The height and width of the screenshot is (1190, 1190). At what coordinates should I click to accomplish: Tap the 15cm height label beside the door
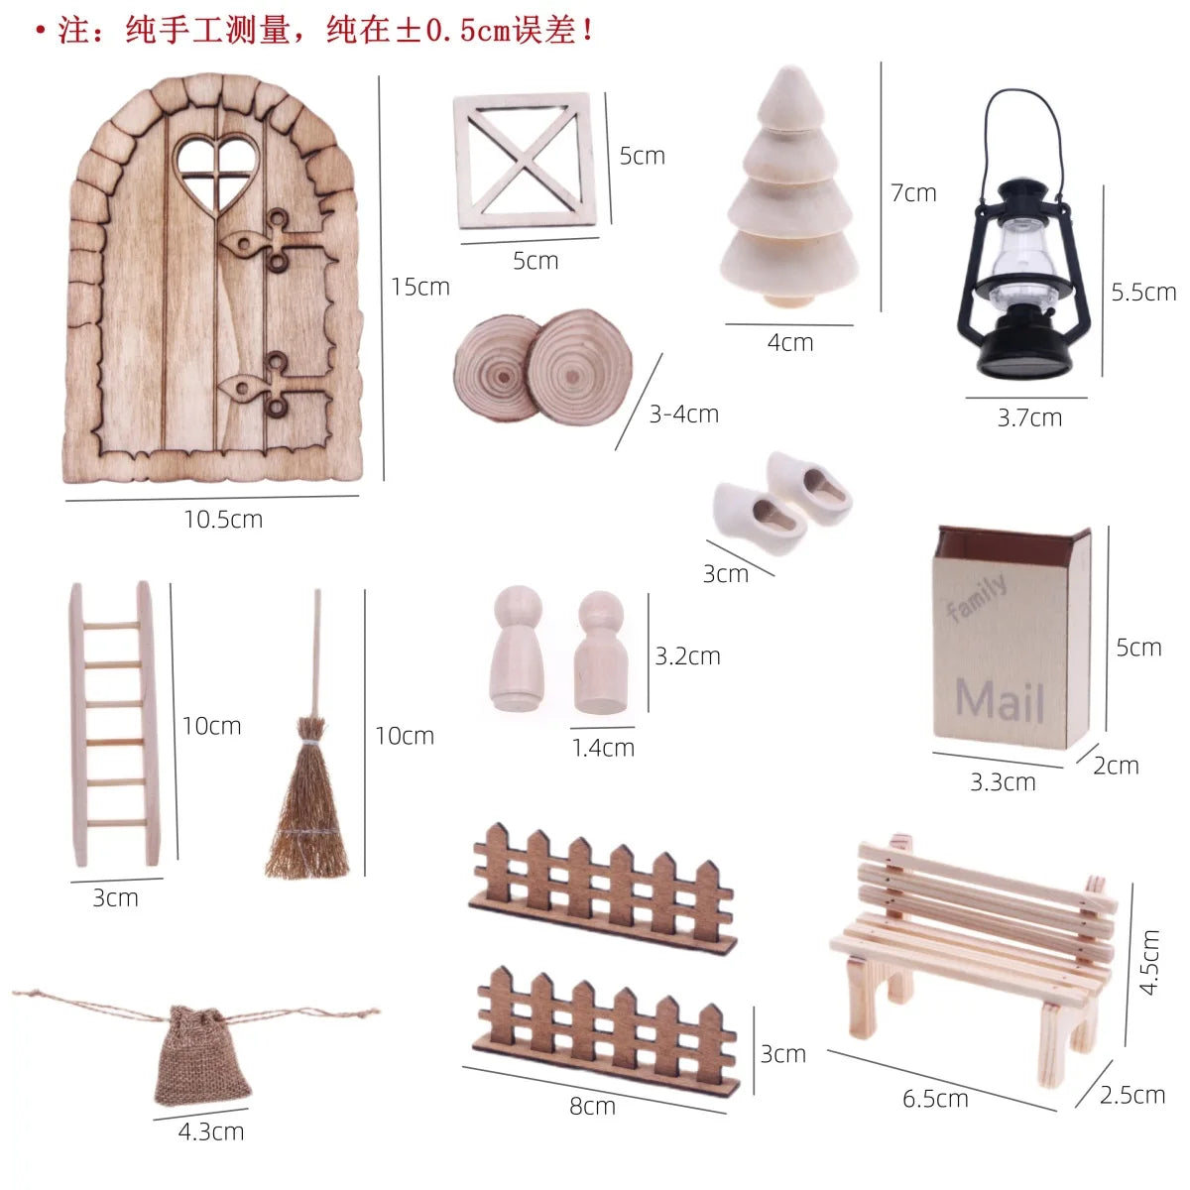[x=419, y=287]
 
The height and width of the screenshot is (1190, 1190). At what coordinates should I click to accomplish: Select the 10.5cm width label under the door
[x=223, y=520]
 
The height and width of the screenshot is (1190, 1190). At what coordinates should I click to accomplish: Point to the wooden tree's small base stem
[x=788, y=300]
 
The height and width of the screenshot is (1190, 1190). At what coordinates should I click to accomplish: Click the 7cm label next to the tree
[x=913, y=193]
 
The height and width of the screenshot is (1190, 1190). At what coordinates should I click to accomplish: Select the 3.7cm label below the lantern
[x=1029, y=418]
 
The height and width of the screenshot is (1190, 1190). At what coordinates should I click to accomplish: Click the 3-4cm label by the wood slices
[x=683, y=414]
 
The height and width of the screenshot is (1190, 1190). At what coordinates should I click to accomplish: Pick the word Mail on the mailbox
[x=1000, y=700]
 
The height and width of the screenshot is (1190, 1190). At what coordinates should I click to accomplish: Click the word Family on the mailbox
[x=977, y=597]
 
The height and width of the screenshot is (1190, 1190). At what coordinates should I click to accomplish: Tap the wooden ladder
[x=115, y=724]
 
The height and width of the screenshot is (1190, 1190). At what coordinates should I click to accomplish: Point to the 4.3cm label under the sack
[x=211, y=1131]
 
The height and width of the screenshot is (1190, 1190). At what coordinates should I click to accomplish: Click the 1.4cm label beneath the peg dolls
[x=603, y=748]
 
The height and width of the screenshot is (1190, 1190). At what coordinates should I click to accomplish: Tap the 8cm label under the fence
[x=592, y=1106]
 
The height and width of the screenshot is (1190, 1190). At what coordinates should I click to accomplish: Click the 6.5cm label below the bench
[x=935, y=1099]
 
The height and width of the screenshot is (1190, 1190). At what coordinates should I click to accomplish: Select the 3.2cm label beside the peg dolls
[x=687, y=655]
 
